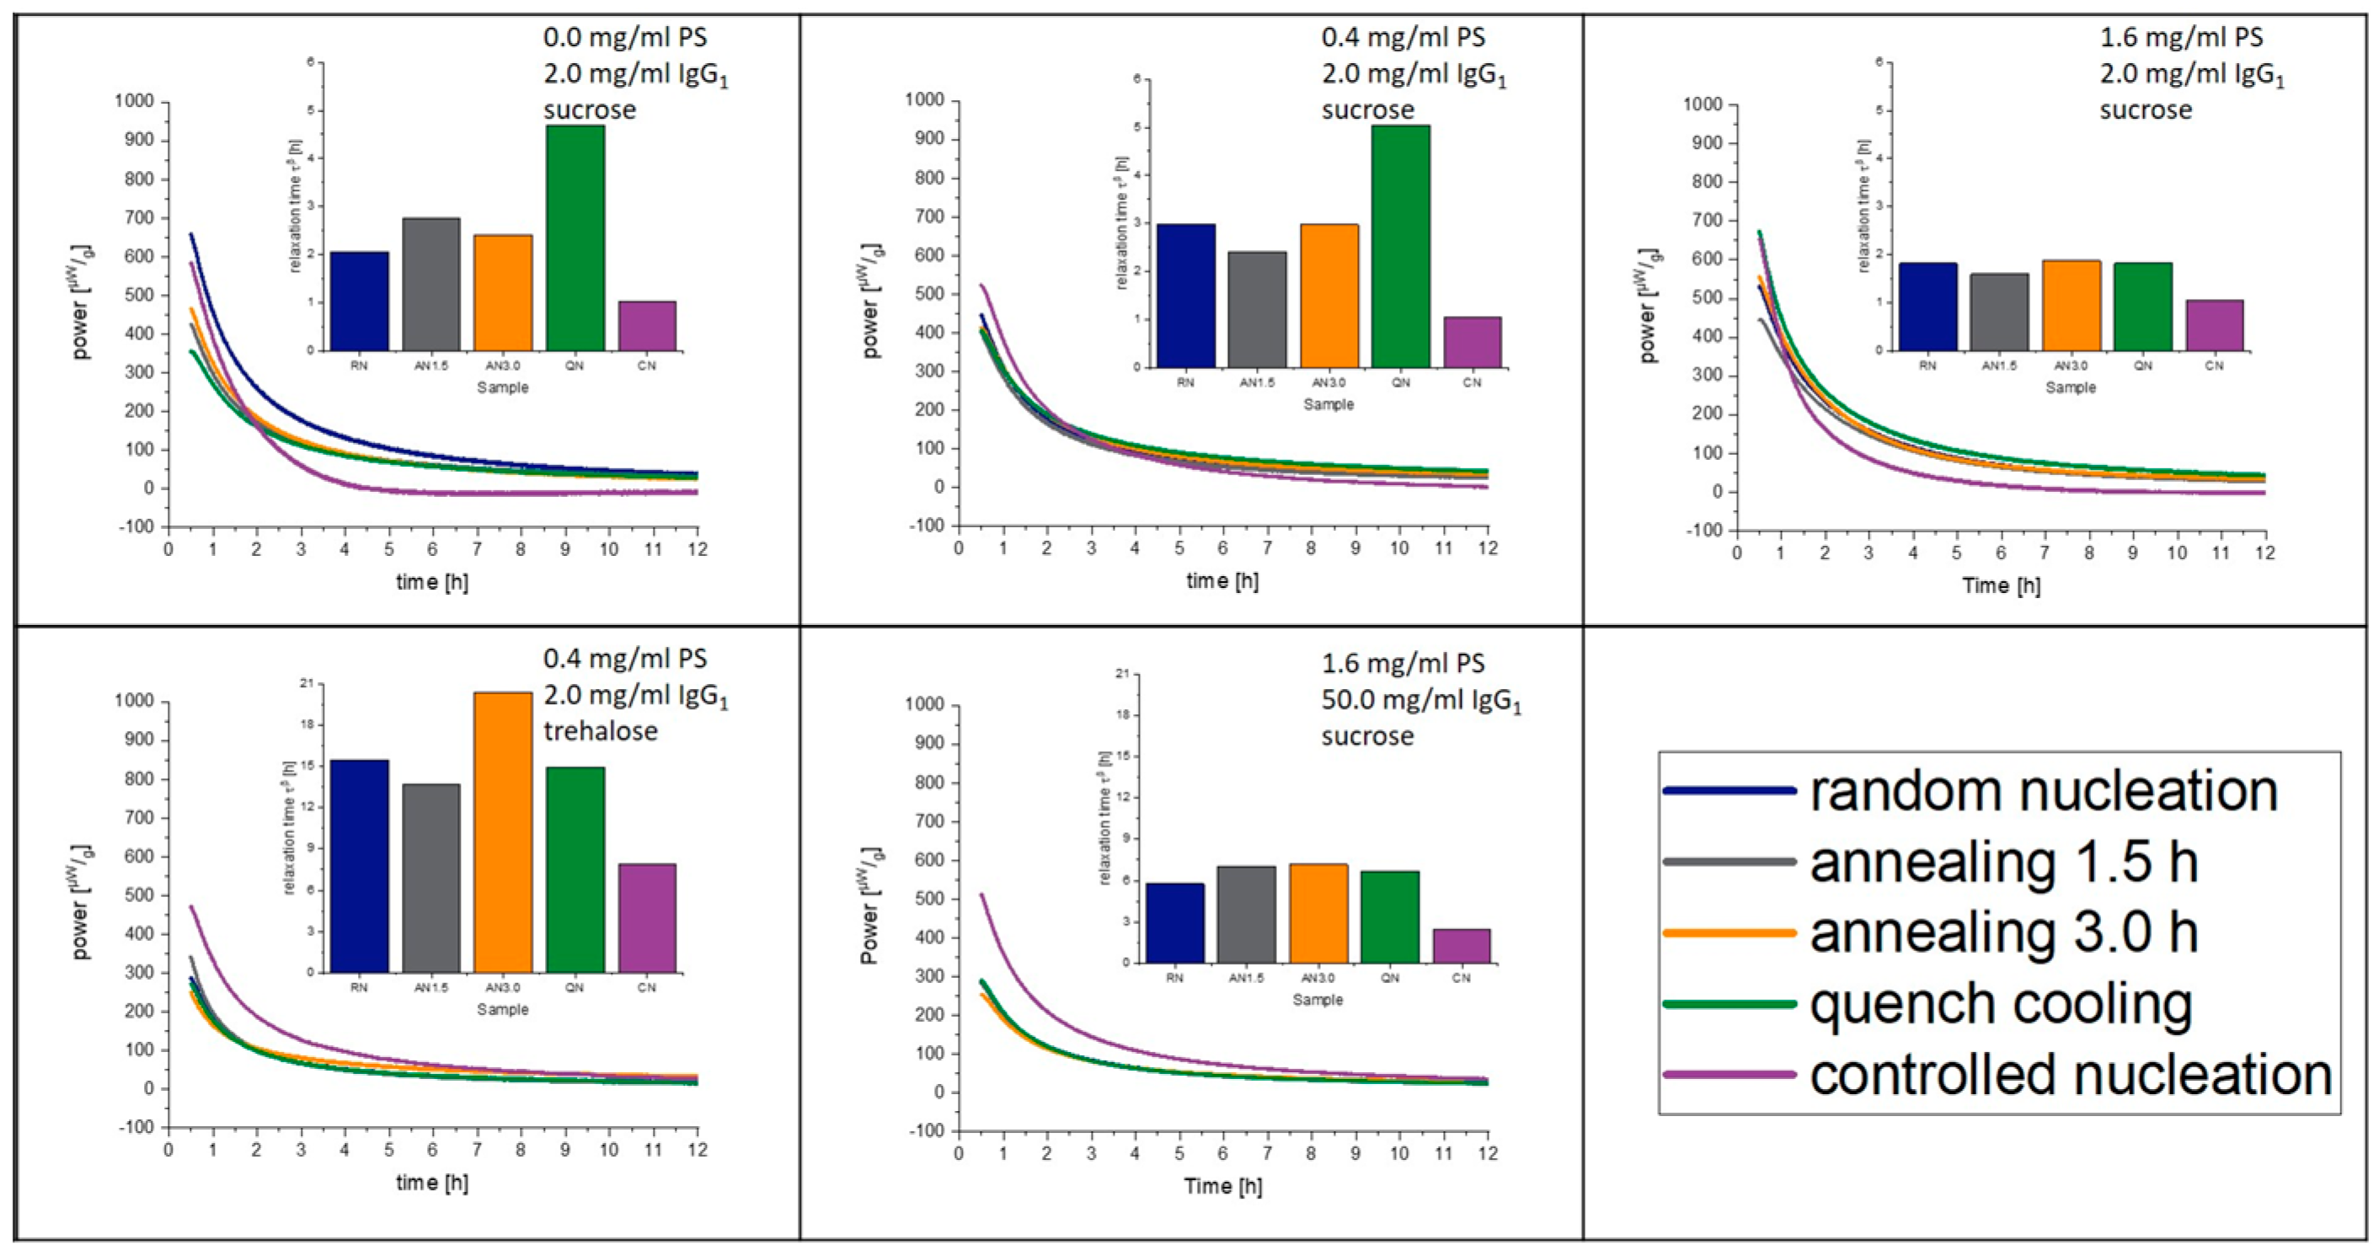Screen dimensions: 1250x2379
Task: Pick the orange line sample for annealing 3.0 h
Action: pos(1729,932)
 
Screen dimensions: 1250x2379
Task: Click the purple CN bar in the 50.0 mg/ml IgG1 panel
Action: pos(1461,946)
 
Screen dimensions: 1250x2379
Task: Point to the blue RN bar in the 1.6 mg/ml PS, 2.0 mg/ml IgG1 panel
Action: pos(1927,307)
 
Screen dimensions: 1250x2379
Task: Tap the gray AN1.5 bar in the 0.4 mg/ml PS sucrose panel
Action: pos(1256,309)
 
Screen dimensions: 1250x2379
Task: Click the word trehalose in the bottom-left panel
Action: pos(601,731)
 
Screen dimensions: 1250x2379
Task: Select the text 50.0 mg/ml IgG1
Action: pos(1420,701)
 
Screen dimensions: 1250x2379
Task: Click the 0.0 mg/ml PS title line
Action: pos(625,38)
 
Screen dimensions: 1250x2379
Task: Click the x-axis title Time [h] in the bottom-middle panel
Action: pos(1222,1186)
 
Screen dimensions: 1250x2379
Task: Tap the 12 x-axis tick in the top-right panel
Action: pos(2264,553)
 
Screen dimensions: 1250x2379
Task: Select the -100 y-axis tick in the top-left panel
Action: pos(136,527)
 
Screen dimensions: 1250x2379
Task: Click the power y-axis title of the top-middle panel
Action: pos(871,301)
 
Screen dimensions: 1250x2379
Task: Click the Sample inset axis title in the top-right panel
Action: pos(2070,387)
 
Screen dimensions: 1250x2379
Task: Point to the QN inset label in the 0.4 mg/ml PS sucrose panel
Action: pos(1400,382)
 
